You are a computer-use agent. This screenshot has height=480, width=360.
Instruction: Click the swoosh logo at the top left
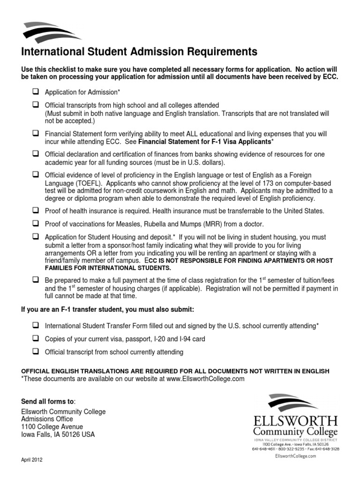tap(49, 31)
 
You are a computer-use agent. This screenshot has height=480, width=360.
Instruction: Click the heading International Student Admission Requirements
tap(139, 51)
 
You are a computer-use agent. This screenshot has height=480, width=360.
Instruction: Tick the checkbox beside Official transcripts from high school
tap(35, 105)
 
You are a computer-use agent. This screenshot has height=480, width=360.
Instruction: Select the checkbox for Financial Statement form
tap(35, 133)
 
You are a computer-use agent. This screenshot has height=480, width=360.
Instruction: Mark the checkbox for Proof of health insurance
tap(35, 210)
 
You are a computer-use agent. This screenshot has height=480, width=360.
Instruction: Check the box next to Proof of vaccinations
tap(35, 224)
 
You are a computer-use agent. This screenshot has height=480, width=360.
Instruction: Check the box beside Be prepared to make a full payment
tap(35, 279)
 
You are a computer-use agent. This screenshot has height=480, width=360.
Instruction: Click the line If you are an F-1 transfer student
tap(107, 310)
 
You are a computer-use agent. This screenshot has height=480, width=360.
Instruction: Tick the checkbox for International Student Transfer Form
tap(35, 324)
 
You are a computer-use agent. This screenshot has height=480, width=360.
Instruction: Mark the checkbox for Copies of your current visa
tap(35, 338)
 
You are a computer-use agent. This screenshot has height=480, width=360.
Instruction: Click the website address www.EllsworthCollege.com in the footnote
tap(205, 379)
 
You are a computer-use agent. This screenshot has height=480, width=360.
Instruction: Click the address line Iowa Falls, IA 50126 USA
tap(58, 434)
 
